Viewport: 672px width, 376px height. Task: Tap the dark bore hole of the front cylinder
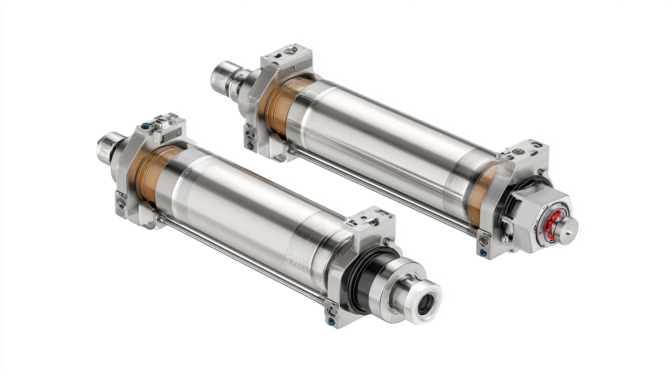click(426, 304)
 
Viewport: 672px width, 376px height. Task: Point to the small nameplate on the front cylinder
click(171, 135)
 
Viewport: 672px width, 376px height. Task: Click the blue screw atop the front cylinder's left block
click(145, 126)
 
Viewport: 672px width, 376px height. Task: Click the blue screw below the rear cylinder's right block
click(483, 252)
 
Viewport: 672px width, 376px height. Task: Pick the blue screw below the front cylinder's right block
click(331, 322)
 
